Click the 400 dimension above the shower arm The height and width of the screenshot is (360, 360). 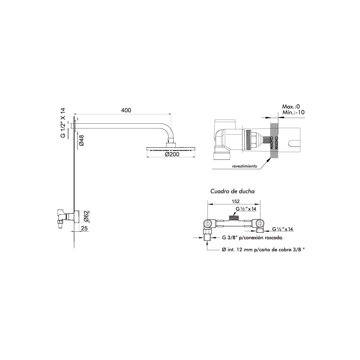click(126, 110)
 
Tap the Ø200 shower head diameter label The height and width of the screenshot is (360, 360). click(172, 154)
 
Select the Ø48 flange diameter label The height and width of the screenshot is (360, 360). click(82, 140)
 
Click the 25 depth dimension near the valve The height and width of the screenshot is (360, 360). click(84, 228)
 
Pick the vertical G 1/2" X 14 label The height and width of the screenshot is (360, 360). click(63, 123)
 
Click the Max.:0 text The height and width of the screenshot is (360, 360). click(291, 106)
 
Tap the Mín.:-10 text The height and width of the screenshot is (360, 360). click(293, 112)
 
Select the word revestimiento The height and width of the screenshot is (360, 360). click(244, 166)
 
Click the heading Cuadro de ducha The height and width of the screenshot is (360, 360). click(232, 191)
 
